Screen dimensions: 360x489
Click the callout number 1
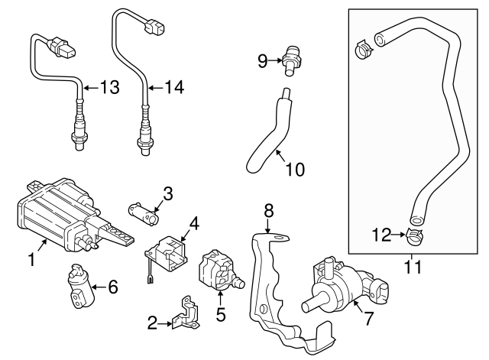pyautogui.click(x=32, y=260)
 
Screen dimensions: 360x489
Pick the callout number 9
pyautogui.click(x=262, y=60)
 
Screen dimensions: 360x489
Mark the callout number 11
pyautogui.click(x=413, y=268)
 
